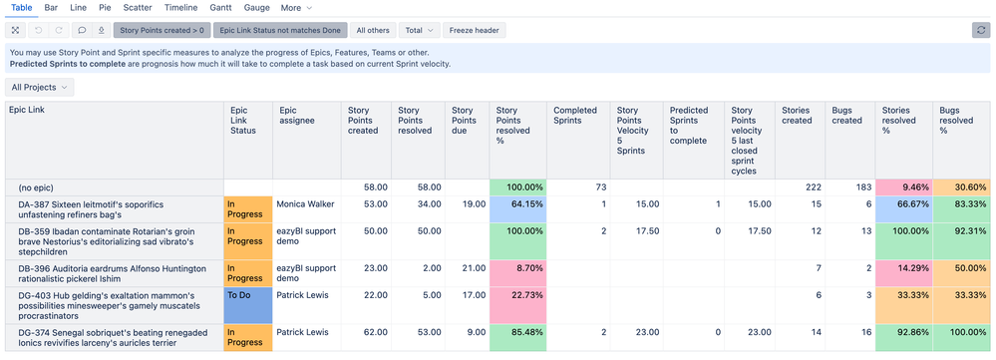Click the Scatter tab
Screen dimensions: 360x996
[x=138, y=8]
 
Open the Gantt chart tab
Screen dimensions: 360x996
[x=220, y=8]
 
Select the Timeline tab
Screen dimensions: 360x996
[x=180, y=8]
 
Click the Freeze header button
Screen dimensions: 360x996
[x=475, y=30]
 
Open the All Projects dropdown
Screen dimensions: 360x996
[x=40, y=87]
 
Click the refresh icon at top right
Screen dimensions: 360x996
[x=981, y=30]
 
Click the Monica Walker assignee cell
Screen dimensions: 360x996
[x=306, y=204]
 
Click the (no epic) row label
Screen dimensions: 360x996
[x=40, y=186]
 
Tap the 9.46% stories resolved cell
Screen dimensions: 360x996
[x=902, y=186]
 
